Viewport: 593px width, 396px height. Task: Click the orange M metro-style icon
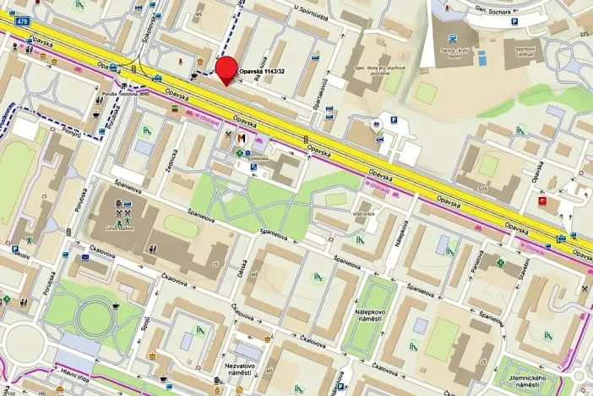[242, 138]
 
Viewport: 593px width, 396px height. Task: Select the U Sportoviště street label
[310, 8]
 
